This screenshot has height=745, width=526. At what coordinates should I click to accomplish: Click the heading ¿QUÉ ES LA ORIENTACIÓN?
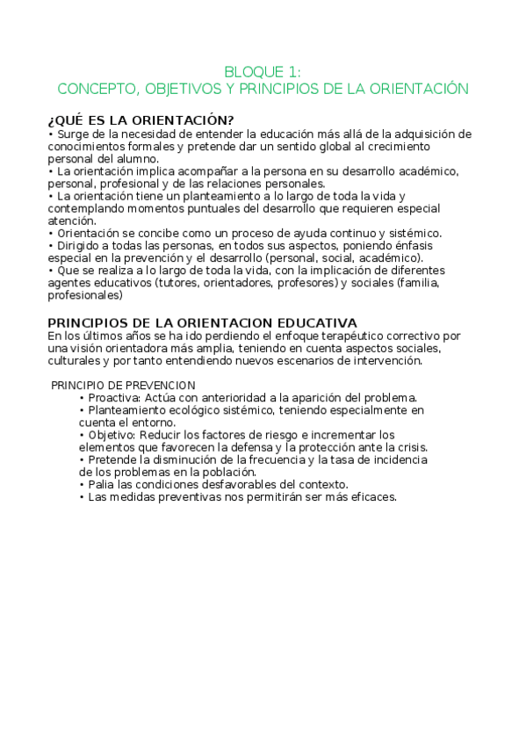tap(141, 120)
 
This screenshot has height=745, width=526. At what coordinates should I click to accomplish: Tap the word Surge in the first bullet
tap(71, 134)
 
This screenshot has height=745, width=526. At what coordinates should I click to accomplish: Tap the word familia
tap(429, 284)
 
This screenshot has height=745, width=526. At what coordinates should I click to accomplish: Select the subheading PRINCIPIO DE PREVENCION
tap(123, 386)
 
